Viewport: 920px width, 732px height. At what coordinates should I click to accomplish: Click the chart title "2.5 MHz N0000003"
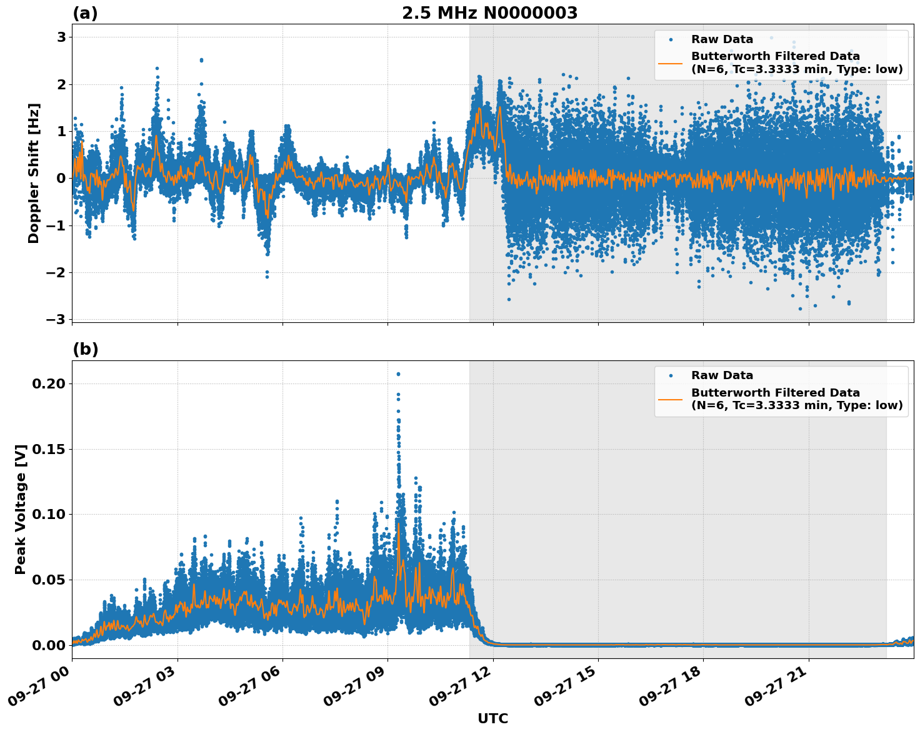tap(489, 13)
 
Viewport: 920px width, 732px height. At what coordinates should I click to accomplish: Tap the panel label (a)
tap(85, 13)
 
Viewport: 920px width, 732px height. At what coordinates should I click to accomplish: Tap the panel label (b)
tap(85, 349)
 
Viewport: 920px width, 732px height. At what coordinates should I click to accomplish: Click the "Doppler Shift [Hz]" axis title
tap(34, 173)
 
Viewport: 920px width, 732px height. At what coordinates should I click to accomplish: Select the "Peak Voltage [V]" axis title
tap(21, 509)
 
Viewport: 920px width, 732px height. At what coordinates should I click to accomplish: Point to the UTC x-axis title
tap(492, 718)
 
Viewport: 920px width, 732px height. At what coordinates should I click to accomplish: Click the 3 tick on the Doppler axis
tap(61, 37)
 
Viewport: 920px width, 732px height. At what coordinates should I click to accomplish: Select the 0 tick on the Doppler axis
tap(61, 179)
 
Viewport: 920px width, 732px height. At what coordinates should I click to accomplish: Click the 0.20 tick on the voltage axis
tap(48, 383)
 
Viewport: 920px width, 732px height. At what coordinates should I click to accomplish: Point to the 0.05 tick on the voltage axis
tap(48, 580)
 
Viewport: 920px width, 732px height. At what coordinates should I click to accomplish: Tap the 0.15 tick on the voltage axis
tap(48, 449)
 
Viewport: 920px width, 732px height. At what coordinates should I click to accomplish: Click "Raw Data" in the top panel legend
tap(722, 39)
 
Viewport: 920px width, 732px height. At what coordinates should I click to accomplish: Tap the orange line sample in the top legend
tap(670, 62)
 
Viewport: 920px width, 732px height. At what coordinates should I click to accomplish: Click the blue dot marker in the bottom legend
tap(670, 375)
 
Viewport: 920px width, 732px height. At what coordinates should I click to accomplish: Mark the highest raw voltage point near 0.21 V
tap(398, 374)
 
